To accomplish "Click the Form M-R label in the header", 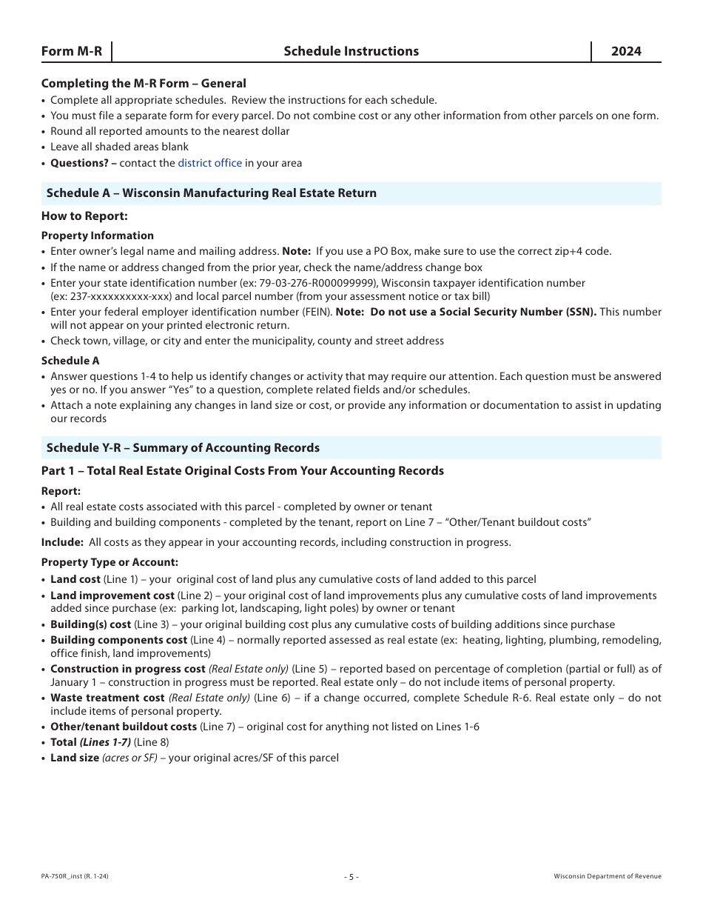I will point(72,51).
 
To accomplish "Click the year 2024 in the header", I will point(626,51).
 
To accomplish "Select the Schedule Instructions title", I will point(351,51).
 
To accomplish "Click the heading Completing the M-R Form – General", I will point(144,84).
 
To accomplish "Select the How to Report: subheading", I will point(84,216).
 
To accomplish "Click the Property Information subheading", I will point(98,236).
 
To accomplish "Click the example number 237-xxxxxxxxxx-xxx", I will point(118,296).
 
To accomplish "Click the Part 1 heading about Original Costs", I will point(243,471).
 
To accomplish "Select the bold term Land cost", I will point(75,579).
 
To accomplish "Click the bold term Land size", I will point(74,758).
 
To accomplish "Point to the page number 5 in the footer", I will point(351,877).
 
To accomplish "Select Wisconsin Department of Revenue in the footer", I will point(608,877).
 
